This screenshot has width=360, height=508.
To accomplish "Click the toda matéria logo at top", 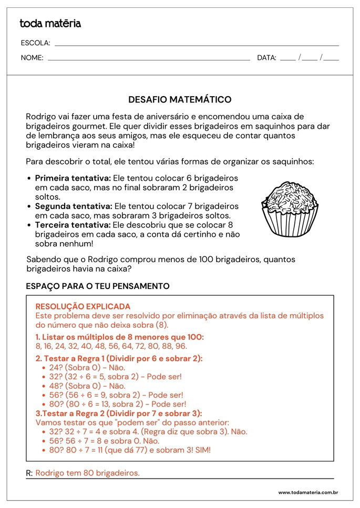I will coord(50,23).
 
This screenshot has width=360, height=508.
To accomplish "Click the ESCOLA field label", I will coord(35,43).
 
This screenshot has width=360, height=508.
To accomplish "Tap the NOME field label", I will coord(32,58).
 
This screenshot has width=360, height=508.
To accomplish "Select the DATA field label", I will coord(266,58).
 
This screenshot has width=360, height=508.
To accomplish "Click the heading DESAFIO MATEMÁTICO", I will coord(180,99).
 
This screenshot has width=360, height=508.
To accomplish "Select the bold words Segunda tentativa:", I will coord(74,206).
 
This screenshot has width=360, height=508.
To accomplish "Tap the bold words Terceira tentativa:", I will coord(73,224).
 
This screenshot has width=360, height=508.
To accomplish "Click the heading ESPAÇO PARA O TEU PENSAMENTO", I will coord(98,286).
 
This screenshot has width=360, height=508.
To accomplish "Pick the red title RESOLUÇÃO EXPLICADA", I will coord(83,306).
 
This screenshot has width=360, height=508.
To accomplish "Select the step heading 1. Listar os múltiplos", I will coord(119,337).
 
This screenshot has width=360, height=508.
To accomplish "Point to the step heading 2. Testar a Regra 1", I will coord(119,358).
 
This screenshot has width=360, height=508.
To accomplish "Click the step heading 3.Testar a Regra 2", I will coord(118,413).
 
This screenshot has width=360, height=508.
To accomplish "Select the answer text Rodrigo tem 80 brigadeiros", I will coord(87,473).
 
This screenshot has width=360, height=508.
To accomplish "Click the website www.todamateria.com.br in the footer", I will coord(307,492).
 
